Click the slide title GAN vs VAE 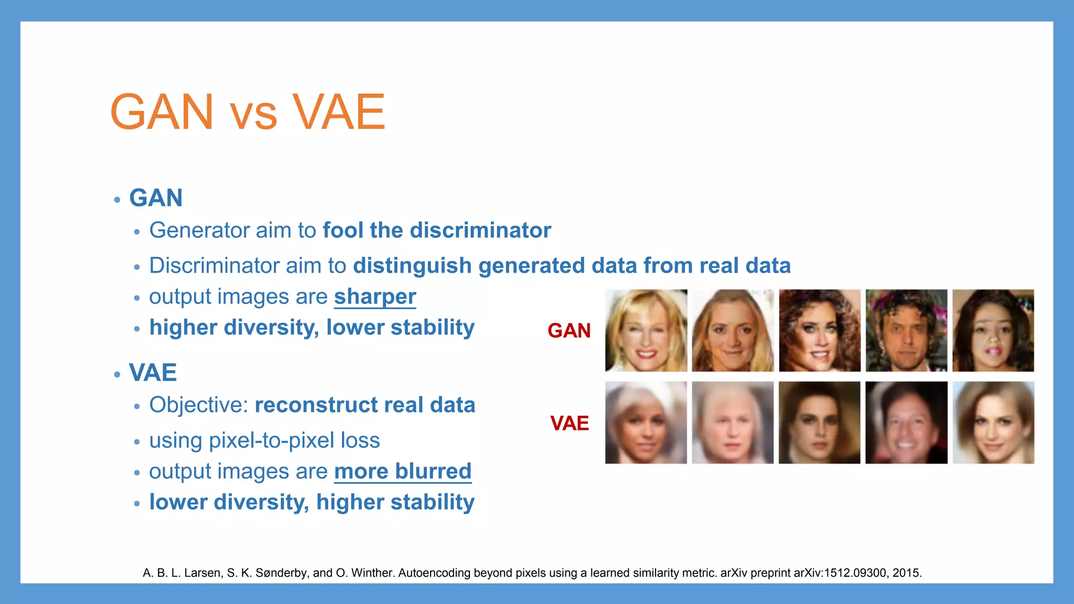tap(248, 112)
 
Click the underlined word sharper tap(375, 297)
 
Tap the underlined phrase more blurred tap(403, 471)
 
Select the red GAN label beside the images tap(569, 331)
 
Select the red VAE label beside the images tap(570, 423)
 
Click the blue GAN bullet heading tap(156, 198)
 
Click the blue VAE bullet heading tap(153, 373)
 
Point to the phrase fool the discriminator tap(436, 231)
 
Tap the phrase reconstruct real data tap(365, 405)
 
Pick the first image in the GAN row tap(646, 331)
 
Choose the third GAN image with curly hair tap(820, 331)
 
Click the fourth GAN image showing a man tap(906, 331)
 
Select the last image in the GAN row tap(993, 331)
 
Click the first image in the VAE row tap(646, 423)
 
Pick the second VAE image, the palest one tap(733, 423)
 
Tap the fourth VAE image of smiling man tap(906, 423)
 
